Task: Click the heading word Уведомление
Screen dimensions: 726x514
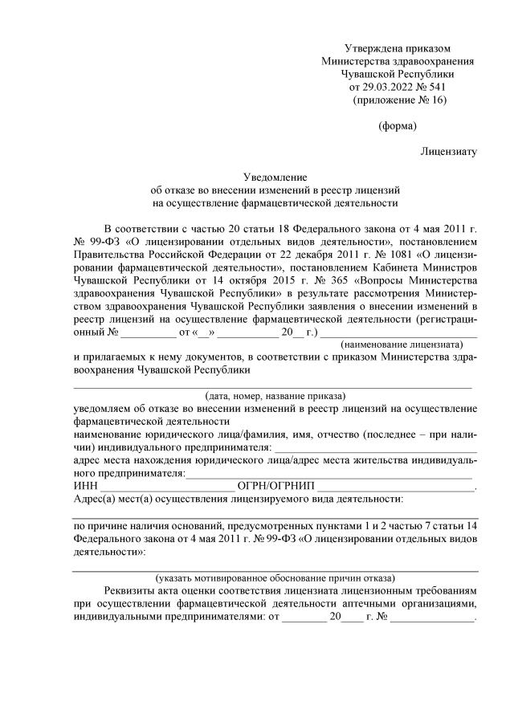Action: click(275, 177)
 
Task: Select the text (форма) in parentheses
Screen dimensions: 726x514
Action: click(397, 125)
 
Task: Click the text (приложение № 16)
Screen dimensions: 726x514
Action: click(398, 100)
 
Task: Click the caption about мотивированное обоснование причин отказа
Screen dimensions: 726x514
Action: click(275, 577)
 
